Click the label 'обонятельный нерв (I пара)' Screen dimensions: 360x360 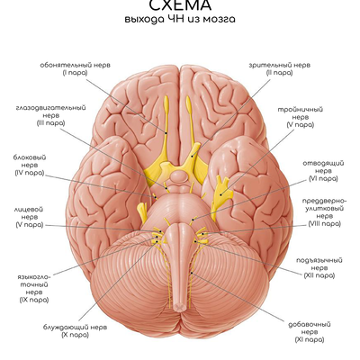75,68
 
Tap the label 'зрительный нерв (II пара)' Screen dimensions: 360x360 279,68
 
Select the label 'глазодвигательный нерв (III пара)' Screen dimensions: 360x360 51,115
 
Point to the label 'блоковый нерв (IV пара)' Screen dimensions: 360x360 30,165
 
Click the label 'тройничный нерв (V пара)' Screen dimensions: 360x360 300,117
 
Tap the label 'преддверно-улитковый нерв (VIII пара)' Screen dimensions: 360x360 324,212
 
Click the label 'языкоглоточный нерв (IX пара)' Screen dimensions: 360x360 34,288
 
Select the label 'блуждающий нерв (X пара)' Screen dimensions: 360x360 75,331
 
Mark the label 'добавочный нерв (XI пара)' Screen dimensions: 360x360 310,332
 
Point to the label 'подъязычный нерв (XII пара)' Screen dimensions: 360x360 319,267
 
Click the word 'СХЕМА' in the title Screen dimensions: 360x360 180,5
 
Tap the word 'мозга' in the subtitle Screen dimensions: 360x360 219,20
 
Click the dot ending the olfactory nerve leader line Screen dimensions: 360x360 166,132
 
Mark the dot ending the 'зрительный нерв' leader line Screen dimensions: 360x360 193,156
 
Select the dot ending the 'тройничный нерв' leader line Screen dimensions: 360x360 220,194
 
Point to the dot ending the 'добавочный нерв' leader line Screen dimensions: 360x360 192,273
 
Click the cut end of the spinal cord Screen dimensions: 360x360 180,307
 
